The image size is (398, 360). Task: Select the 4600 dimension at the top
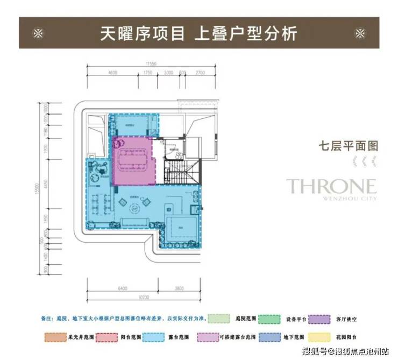click(112, 72)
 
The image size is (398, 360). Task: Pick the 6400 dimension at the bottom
click(123, 288)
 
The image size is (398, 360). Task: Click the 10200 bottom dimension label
click(143, 297)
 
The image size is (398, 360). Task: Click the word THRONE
click(331, 187)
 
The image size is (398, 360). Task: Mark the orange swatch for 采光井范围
click(53, 337)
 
